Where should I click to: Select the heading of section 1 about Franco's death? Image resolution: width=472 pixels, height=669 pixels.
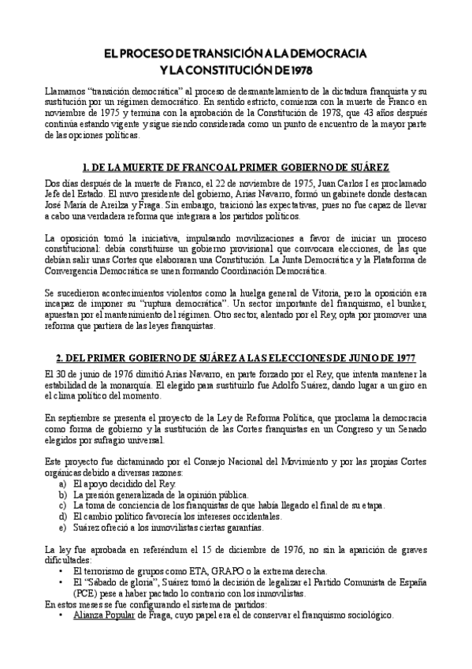tap(236, 167)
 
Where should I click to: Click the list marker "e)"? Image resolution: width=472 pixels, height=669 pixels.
tap(63, 528)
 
